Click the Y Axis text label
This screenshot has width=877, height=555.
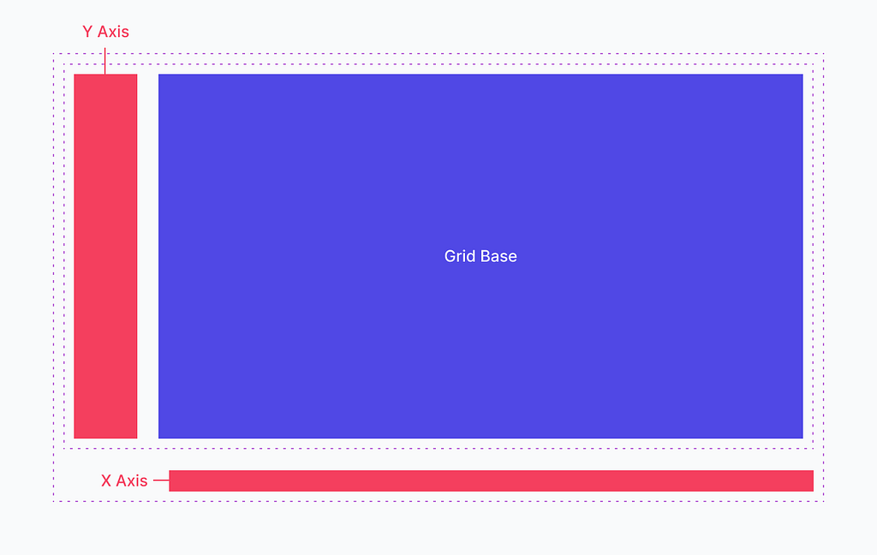[105, 32]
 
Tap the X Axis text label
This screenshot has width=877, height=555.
[124, 480]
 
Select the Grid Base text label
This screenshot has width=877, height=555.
[480, 256]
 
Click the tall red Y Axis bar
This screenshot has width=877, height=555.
[105, 256]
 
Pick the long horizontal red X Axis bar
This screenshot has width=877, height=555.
[491, 480]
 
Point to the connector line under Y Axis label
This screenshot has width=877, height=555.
[104, 61]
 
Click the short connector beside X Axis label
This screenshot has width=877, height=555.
[161, 480]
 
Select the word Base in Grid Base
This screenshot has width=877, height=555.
[499, 256]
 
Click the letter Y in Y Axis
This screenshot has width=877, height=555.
[87, 32]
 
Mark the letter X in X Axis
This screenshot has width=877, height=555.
[106, 480]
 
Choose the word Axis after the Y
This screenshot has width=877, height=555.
[114, 32]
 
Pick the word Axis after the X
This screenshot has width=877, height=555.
[132, 480]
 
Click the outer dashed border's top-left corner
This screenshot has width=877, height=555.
[54, 54]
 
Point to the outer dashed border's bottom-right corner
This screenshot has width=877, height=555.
[823, 501]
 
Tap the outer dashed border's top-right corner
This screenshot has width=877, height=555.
[823, 54]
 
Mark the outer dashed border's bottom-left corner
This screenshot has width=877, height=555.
[54, 501]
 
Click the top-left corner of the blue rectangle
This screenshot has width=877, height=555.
[158, 75]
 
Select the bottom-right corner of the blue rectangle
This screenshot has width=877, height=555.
[802, 438]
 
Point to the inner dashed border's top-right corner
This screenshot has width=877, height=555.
[814, 63]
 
